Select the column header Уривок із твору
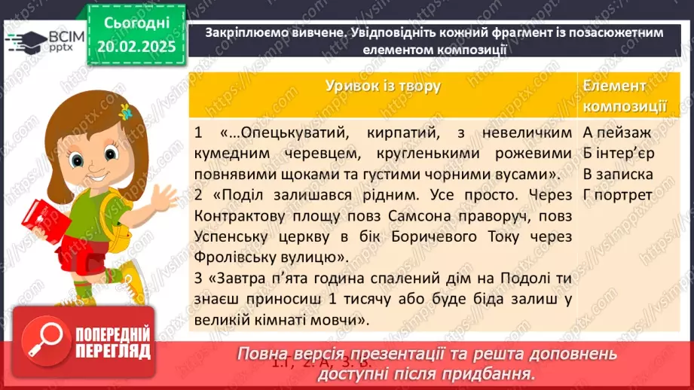383,87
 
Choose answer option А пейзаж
617,133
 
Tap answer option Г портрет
617,195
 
